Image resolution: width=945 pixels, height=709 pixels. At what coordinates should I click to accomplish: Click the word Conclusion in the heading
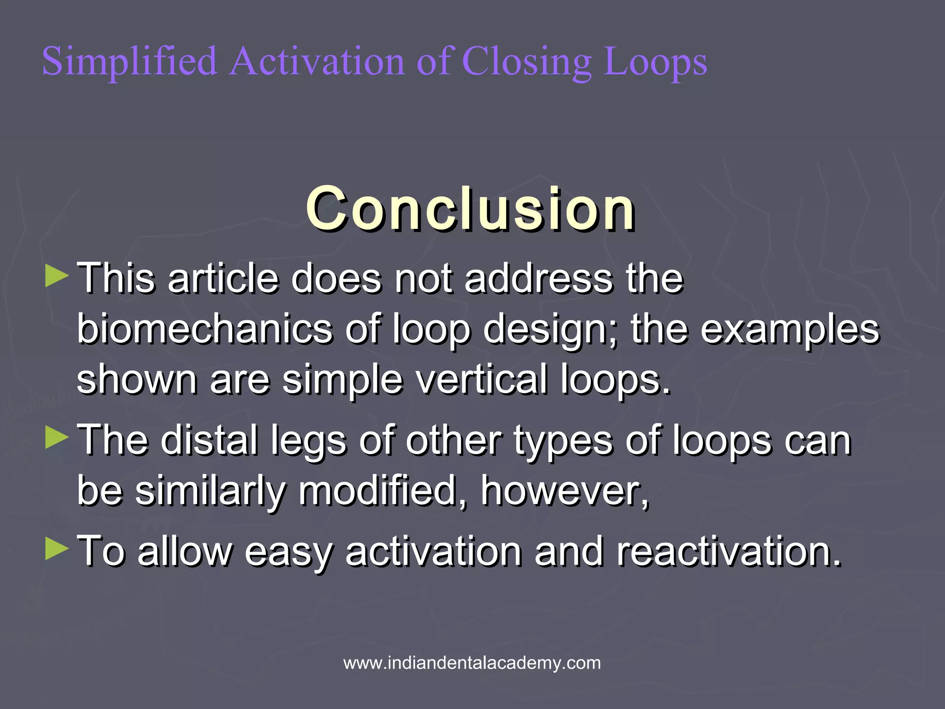coord(470,209)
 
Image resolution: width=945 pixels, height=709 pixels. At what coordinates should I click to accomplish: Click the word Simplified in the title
coord(130,61)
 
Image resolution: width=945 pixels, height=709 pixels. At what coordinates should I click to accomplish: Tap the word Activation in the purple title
coord(317,61)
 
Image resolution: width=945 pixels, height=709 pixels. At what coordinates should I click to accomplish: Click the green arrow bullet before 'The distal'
coord(57,437)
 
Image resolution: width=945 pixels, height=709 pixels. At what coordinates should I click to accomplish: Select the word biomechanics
coord(204,329)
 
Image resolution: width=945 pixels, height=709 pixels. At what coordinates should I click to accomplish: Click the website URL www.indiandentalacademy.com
coord(472,663)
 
